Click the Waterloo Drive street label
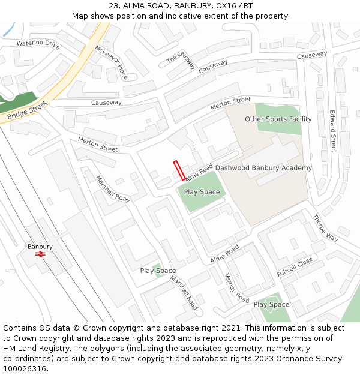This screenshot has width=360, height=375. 38,44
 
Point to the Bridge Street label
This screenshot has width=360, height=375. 27,110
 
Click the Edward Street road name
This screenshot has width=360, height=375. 333,131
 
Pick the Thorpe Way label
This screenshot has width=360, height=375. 325,228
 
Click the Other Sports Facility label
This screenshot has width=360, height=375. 278,119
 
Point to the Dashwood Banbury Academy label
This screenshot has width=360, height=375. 263,168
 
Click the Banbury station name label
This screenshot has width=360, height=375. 40,247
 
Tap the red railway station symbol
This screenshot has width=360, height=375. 41,254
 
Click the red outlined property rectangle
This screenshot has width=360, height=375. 179,170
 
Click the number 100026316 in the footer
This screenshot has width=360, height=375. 25,368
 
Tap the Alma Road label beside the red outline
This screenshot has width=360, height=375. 199,173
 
